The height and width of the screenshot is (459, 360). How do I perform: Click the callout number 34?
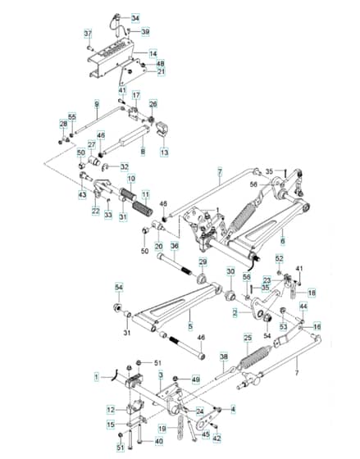click(135, 18)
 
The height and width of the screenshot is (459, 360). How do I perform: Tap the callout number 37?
click(89, 34)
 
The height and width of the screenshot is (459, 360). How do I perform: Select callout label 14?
click(153, 54)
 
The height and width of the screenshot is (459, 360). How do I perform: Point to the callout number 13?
click(164, 152)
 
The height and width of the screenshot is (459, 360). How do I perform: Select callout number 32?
click(125, 167)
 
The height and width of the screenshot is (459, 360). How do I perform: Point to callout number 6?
click(283, 241)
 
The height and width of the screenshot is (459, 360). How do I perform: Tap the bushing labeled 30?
click(230, 296)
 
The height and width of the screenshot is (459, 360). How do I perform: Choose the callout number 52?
click(280, 258)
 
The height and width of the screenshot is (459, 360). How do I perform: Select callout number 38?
click(224, 357)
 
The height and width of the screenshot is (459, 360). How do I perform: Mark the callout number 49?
click(195, 379)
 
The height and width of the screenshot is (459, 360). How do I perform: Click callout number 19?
click(163, 429)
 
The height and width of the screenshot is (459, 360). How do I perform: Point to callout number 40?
click(158, 442)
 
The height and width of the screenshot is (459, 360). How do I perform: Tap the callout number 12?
click(111, 410)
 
